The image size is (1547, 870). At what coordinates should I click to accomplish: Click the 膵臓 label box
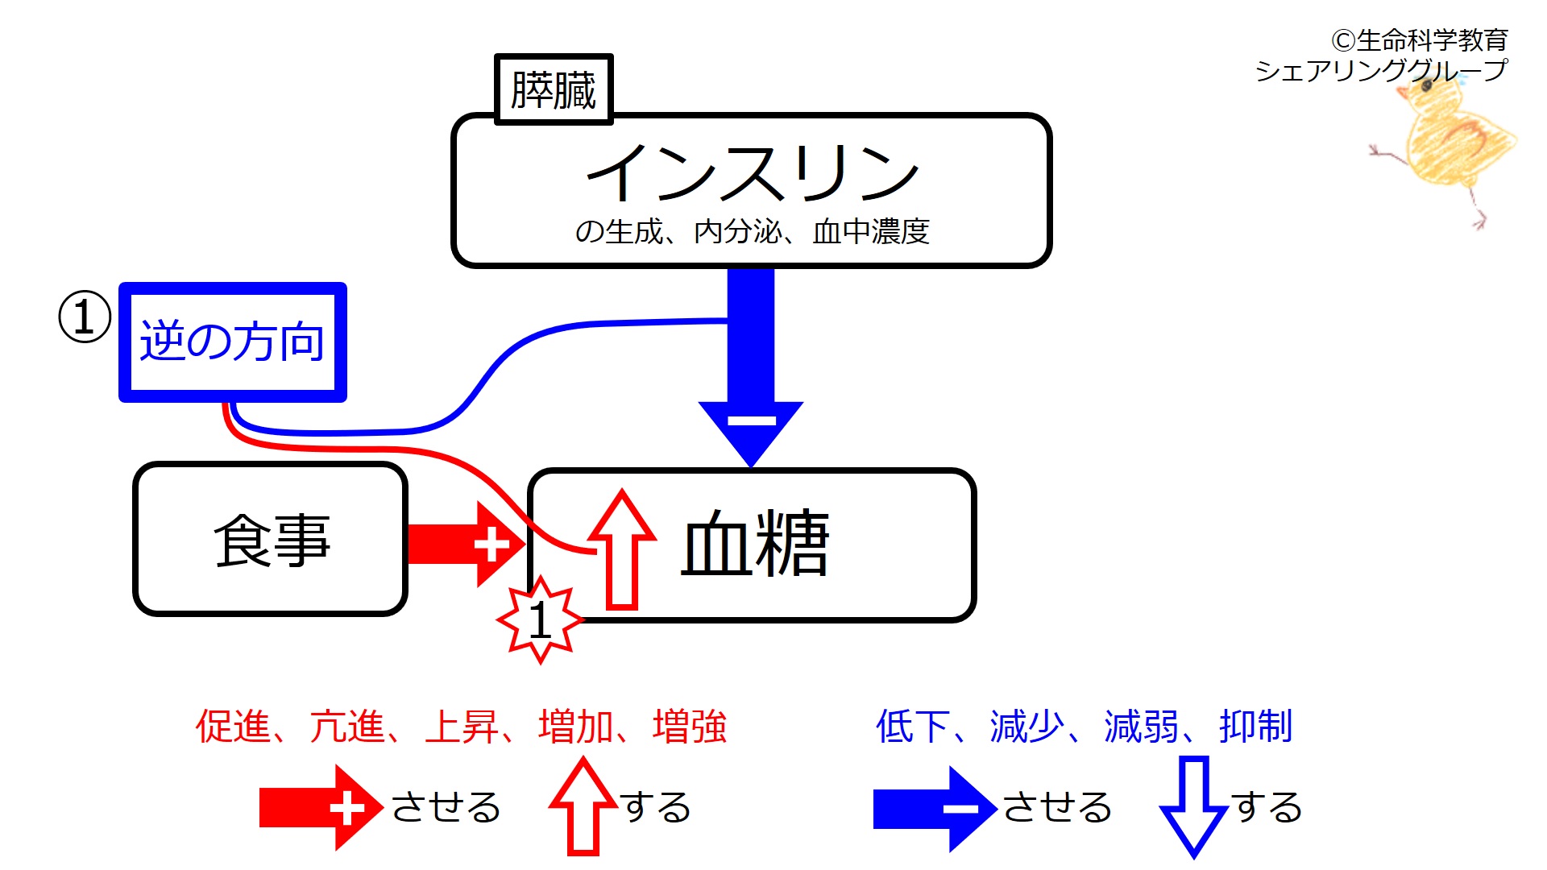(x=554, y=89)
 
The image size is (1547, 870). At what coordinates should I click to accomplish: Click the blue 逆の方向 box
(x=232, y=342)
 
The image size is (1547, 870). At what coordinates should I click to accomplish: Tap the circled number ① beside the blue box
(x=85, y=317)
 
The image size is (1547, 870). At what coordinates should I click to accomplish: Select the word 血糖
(x=755, y=544)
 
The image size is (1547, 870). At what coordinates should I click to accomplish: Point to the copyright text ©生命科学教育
(x=1420, y=39)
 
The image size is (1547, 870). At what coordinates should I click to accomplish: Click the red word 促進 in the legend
(x=233, y=727)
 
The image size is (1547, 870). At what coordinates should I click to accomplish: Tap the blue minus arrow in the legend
(x=934, y=808)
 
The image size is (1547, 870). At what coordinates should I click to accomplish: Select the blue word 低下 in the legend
(x=912, y=727)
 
